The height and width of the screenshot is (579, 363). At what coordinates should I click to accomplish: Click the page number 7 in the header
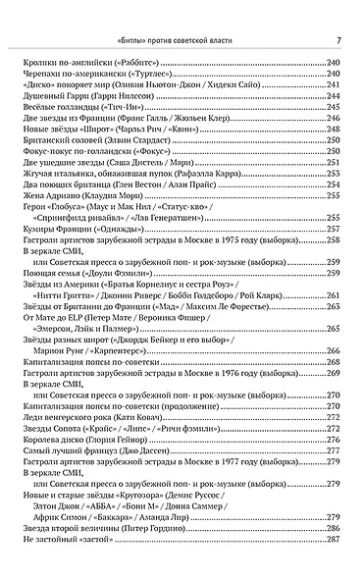click(x=337, y=40)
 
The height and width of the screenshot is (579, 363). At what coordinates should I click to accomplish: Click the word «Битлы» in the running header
click(x=131, y=40)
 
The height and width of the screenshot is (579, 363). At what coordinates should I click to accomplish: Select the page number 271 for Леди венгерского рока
click(x=334, y=419)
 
